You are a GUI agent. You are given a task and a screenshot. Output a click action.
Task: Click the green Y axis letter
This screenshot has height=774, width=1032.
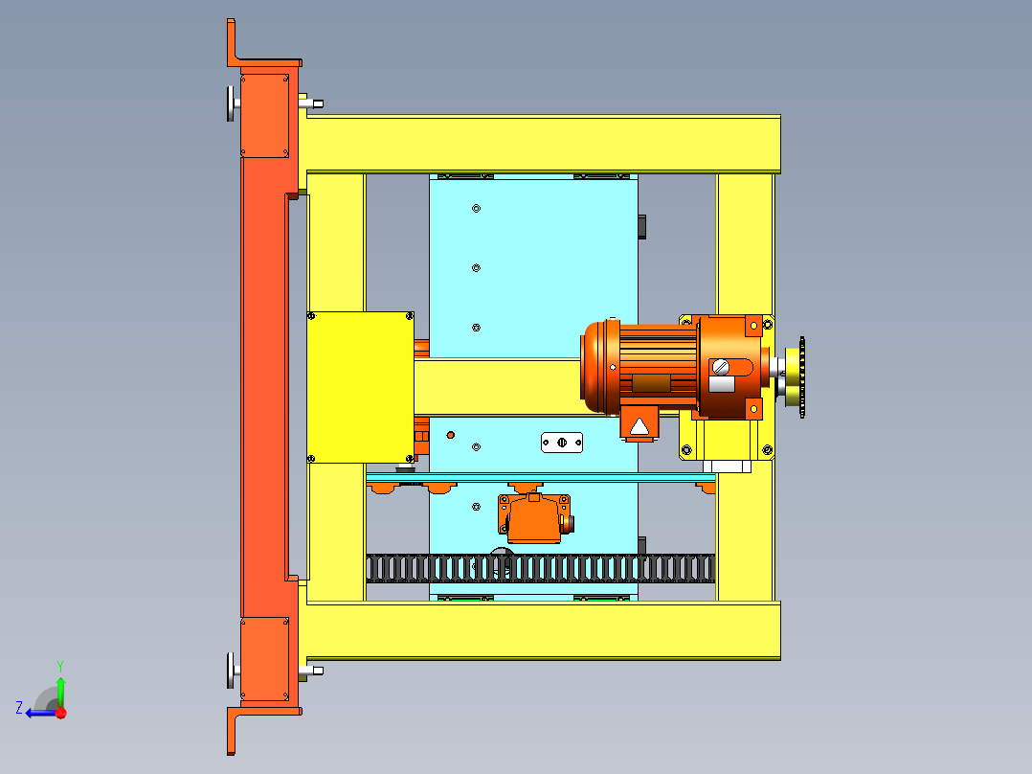point(60,666)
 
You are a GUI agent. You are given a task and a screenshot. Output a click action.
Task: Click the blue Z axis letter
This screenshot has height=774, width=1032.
point(19,708)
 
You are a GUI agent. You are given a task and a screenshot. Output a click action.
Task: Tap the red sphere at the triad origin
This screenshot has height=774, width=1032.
point(61,713)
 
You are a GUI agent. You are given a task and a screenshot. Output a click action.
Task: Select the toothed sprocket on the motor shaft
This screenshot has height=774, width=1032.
point(801,377)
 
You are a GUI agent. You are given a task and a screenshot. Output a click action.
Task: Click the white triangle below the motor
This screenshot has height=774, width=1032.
point(639,427)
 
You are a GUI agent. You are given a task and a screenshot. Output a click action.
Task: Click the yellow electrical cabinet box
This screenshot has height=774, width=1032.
point(360,387)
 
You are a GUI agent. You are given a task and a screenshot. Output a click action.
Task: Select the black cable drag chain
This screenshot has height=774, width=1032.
point(540,568)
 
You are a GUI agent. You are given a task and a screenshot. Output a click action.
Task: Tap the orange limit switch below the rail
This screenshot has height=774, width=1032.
point(534,518)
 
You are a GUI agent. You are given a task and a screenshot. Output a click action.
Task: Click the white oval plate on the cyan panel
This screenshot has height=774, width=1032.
point(561,443)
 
